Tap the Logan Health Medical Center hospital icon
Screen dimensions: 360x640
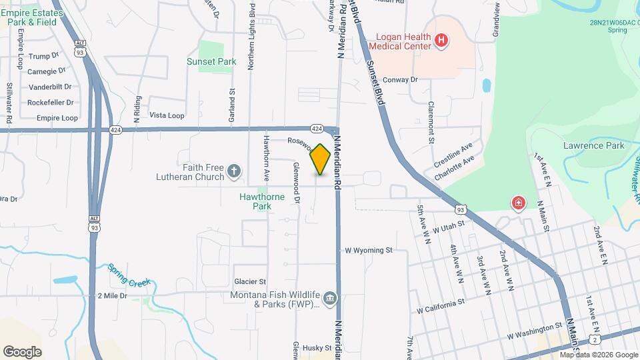click(x=440, y=41)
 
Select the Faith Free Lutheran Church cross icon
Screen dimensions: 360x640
click(x=233, y=172)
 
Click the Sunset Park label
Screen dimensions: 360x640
click(x=212, y=62)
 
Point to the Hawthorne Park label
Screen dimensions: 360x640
click(x=262, y=201)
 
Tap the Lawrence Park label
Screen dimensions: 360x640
click(x=593, y=145)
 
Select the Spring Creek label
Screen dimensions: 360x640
click(x=131, y=276)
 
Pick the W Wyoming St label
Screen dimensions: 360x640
click(x=369, y=251)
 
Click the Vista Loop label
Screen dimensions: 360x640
click(x=167, y=115)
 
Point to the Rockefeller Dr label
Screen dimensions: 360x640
click(x=50, y=102)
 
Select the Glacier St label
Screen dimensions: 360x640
click(x=250, y=281)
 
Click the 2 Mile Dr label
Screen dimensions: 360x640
click(x=112, y=295)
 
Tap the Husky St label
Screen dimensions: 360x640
click(x=317, y=348)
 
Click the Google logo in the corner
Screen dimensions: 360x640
click(x=23, y=352)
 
